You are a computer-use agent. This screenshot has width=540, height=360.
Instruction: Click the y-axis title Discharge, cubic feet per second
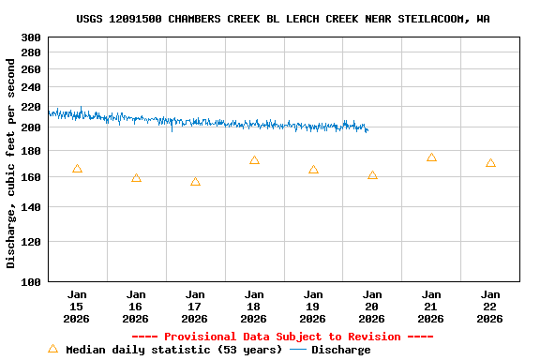(11, 163)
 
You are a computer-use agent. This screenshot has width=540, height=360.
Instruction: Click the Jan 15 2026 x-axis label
(77, 306)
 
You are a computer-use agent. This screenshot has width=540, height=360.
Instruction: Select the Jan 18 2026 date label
(254, 306)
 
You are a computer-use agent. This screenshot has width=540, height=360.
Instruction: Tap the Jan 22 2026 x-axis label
(490, 306)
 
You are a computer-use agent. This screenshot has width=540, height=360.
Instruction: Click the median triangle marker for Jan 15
(77, 169)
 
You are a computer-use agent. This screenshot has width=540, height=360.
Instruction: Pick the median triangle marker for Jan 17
(195, 182)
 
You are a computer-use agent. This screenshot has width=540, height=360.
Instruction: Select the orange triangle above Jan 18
(254, 160)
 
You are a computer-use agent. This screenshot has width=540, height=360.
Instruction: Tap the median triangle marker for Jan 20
(372, 175)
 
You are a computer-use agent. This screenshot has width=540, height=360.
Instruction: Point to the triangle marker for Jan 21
(431, 157)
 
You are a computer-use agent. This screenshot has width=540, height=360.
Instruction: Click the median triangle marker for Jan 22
(490, 163)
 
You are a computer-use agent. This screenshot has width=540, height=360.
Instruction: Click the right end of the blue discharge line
(367, 130)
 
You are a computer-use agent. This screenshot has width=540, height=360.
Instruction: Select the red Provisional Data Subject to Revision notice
(282, 337)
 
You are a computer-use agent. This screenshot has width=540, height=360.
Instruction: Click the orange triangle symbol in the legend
(52, 350)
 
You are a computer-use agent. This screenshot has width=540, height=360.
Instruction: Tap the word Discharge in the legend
(340, 350)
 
